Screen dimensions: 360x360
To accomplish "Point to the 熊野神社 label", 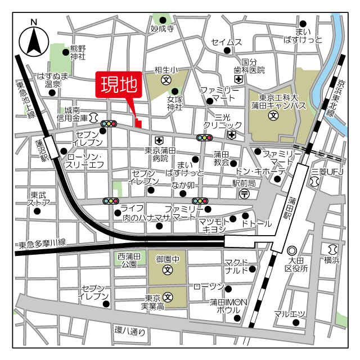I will pyautogui.click(x=78, y=52).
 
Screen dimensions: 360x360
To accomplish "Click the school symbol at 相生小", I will pyautogui.click(x=166, y=80).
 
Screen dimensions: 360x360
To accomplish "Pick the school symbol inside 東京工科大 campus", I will pyautogui.click(x=273, y=116).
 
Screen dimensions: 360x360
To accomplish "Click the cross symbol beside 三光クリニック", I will pyautogui.click(x=232, y=134).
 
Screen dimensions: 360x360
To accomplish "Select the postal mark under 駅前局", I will pyautogui.click(x=244, y=193).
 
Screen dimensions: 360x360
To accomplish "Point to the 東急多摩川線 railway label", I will pyautogui.click(x=42, y=244).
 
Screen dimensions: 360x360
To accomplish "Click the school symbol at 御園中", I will pyautogui.click(x=168, y=271).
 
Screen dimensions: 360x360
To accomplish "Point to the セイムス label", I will pyautogui.click(x=226, y=43).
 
